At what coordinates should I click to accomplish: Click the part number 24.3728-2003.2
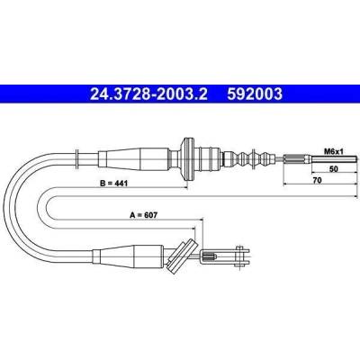[x=148, y=94]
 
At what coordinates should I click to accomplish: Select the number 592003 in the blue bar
[x=255, y=94]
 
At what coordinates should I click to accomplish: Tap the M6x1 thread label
[x=333, y=152]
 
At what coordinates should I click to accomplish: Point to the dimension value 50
[x=334, y=169]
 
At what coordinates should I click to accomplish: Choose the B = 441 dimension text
[x=113, y=183]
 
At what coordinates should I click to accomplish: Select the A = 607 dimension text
[x=144, y=215]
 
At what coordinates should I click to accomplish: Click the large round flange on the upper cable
[x=188, y=158]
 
